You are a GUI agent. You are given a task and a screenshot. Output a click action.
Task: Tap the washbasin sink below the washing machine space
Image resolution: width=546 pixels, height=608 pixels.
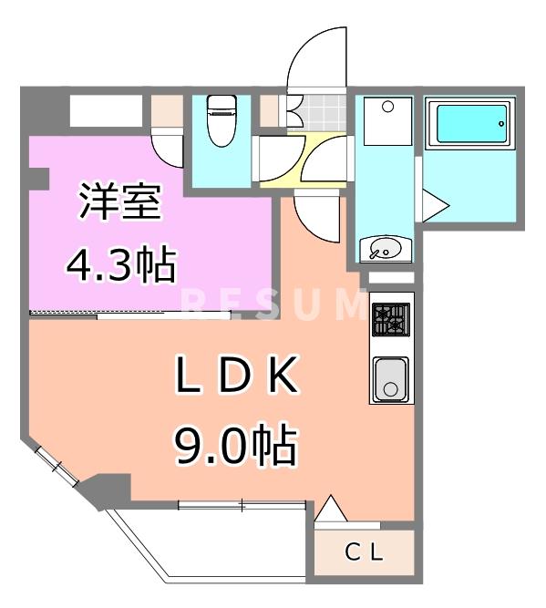(x=386, y=247)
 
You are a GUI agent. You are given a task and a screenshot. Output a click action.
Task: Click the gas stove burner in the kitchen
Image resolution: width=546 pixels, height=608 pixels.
(x=390, y=320)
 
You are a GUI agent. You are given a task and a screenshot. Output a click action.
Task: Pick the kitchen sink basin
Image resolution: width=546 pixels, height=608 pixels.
(x=391, y=378)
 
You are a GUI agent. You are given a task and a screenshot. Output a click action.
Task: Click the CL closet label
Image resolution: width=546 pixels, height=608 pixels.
(x=365, y=551)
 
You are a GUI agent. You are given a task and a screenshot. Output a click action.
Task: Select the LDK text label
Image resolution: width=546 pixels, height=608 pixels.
(x=236, y=376)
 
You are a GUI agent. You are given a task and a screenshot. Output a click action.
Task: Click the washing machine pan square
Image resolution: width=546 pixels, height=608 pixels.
(x=386, y=120)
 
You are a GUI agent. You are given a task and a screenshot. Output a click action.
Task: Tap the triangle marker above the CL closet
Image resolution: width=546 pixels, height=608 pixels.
(x=330, y=508)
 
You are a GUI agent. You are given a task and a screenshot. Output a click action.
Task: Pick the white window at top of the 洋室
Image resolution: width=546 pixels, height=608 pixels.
(x=107, y=111)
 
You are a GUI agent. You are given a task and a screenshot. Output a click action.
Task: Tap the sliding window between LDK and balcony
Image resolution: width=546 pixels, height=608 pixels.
(x=241, y=504)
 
